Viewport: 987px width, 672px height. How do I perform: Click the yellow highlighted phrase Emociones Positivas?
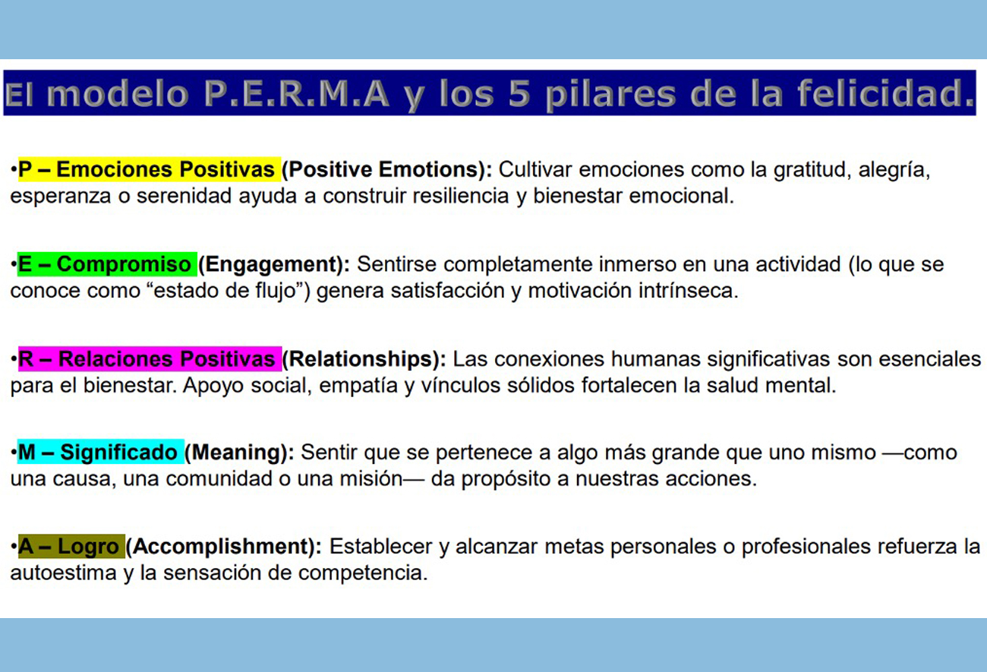[166, 169]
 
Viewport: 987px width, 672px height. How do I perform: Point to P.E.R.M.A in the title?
[297, 93]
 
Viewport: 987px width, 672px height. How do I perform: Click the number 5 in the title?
[519, 93]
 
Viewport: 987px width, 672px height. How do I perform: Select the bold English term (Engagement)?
[274, 264]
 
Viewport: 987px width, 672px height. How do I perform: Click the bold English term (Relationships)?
[364, 359]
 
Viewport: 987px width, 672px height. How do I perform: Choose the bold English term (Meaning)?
[239, 453]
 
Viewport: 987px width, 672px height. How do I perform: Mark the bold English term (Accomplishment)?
[224, 547]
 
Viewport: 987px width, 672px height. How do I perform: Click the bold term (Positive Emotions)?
[387, 169]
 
